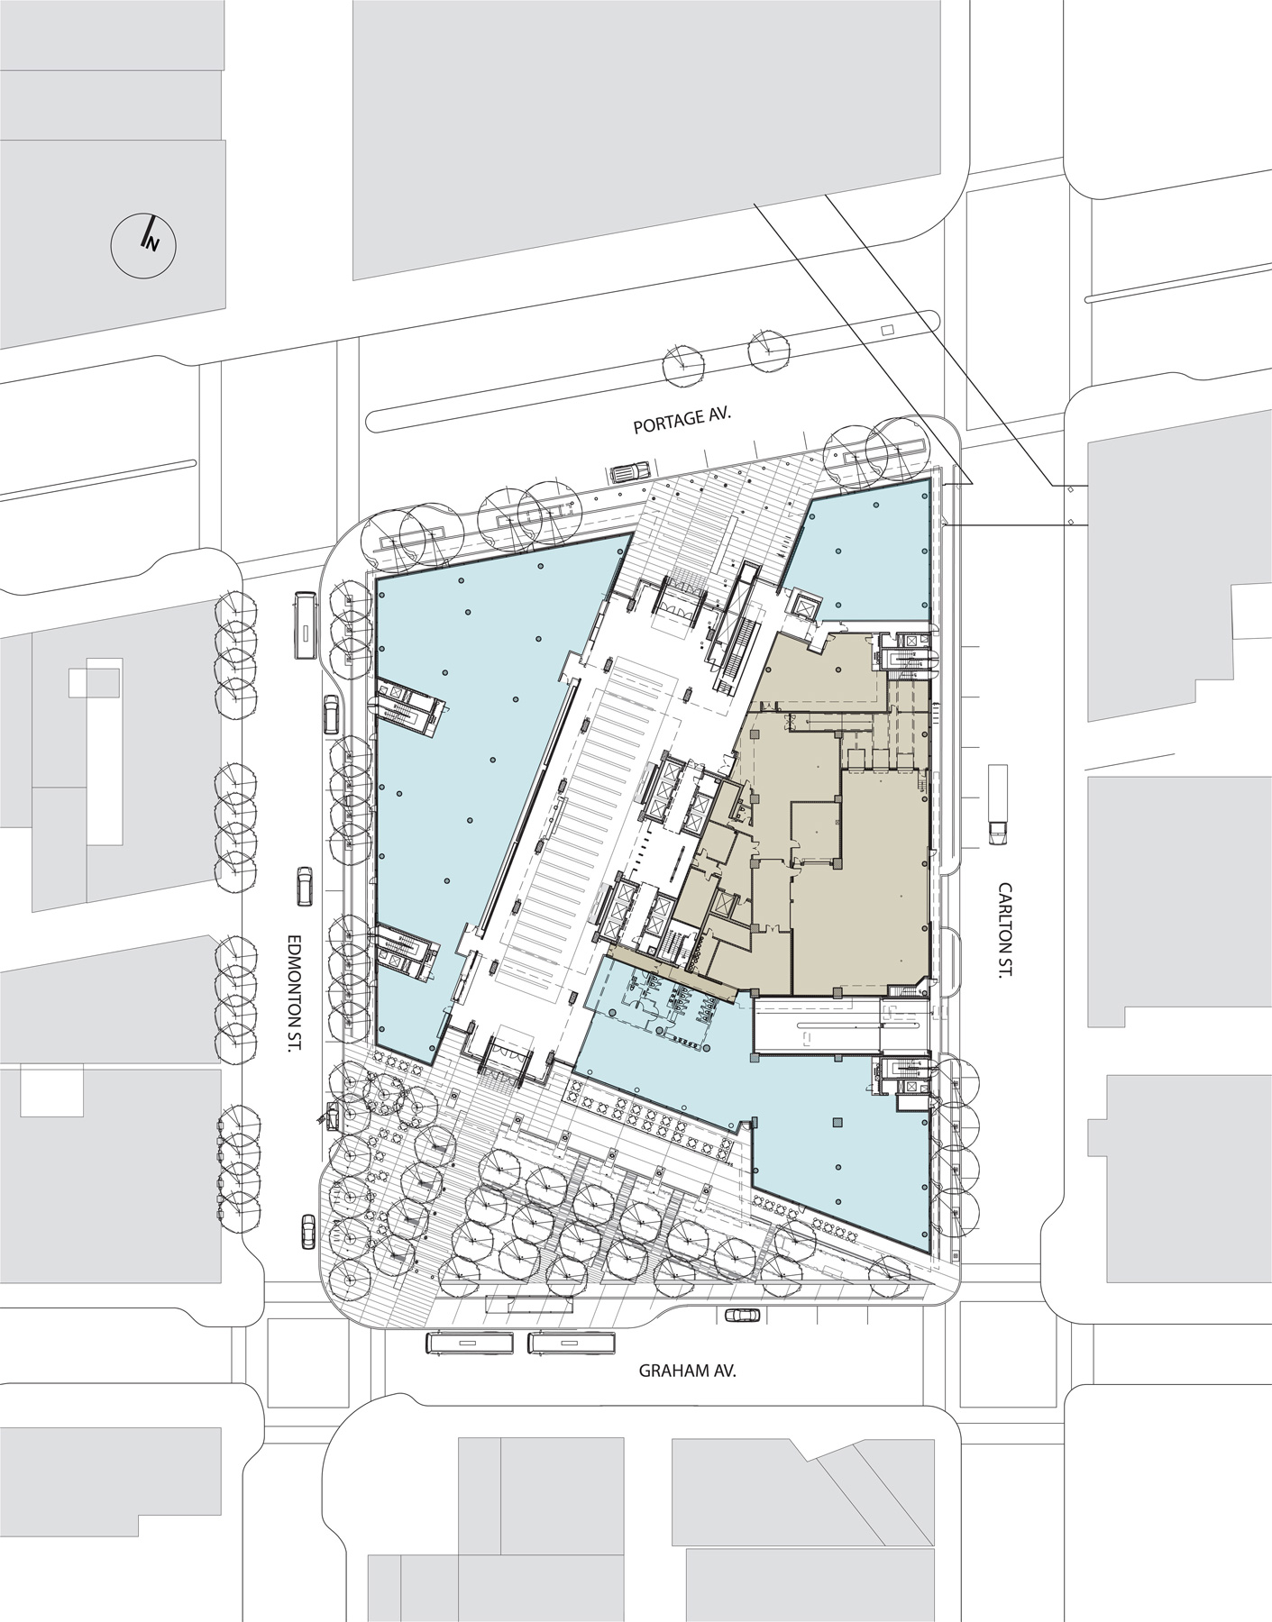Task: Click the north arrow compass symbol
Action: [143, 241]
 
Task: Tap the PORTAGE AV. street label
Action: [681, 425]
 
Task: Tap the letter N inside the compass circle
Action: [151, 241]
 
